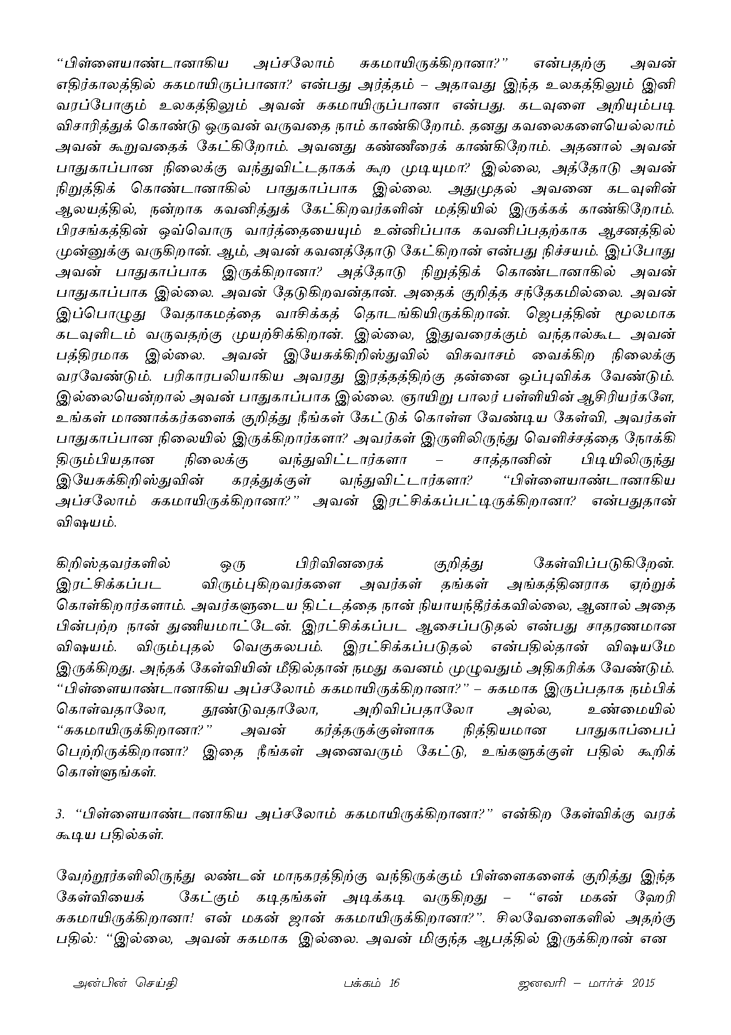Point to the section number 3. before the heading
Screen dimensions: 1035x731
[x=61, y=815]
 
